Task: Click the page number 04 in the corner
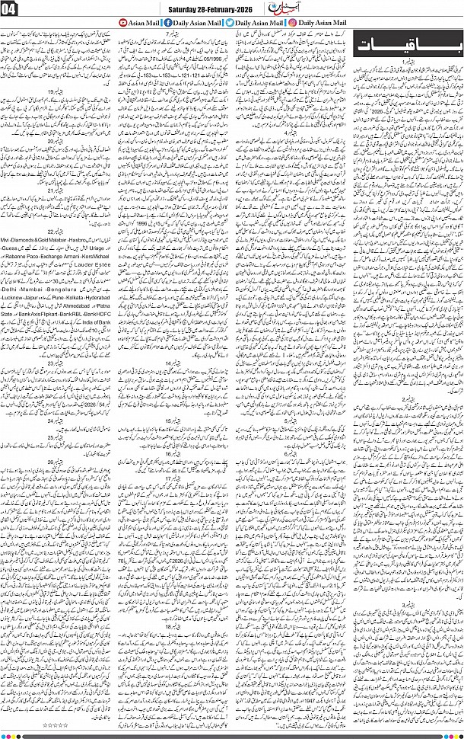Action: (x=13, y=10)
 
